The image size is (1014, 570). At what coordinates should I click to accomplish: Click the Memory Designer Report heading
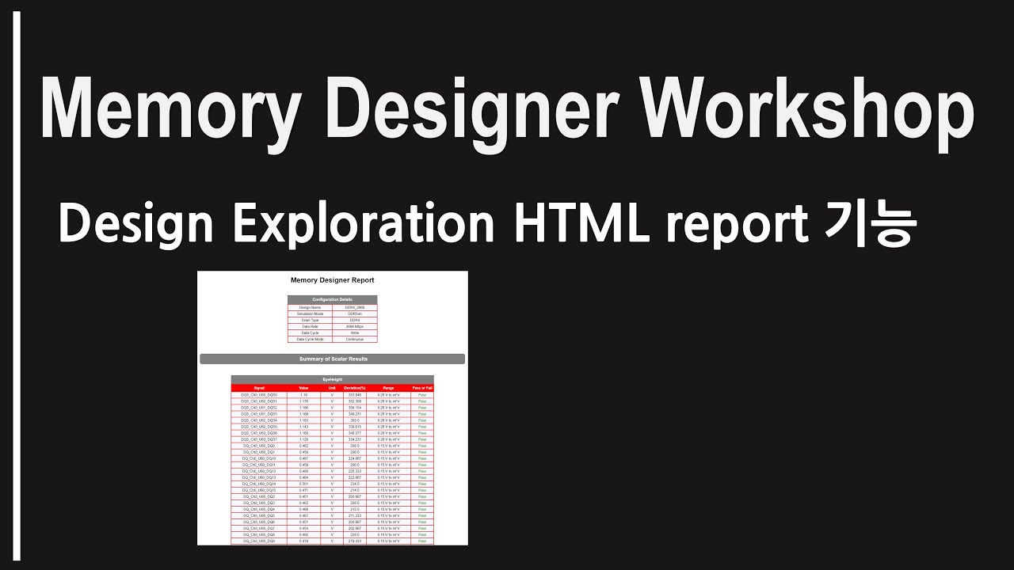(332, 280)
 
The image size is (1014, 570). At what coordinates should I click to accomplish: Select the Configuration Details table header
(332, 299)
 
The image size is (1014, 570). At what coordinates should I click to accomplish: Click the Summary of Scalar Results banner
(332, 359)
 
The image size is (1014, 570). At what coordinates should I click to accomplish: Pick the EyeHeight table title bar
(332, 380)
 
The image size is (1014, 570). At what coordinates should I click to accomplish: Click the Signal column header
(259, 388)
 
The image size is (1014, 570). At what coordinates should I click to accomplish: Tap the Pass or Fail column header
(422, 388)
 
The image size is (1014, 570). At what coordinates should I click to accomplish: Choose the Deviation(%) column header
(355, 388)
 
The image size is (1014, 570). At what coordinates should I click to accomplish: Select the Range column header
(388, 388)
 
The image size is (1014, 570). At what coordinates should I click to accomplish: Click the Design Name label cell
(310, 307)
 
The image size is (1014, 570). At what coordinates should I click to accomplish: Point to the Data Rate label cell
(310, 326)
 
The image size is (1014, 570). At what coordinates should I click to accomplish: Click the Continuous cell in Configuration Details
(354, 339)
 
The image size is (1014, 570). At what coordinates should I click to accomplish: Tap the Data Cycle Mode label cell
(310, 339)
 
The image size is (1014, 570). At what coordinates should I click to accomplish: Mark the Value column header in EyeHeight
(303, 388)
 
